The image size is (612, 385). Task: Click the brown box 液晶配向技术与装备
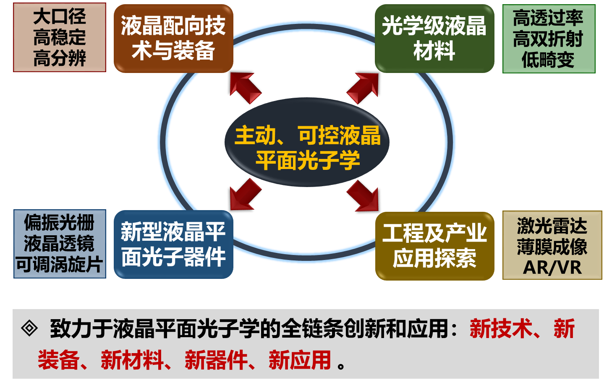tap(173, 39)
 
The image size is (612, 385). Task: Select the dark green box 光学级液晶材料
tap(434, 39)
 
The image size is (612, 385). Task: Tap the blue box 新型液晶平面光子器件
tap(173, 245)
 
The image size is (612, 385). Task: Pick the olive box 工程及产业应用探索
tap(435, 246)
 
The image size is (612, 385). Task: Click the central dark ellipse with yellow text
tap(307, 142)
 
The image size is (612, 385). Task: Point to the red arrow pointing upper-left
tap(246, 88)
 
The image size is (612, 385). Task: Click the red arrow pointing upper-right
tap(363, 88)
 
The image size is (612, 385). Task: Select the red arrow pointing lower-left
tap(246, 195)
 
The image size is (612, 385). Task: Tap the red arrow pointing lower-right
tap(363, 195)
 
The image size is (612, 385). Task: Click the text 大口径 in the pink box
tap(60, 17)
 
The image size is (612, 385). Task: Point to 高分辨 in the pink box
tap(60, 58)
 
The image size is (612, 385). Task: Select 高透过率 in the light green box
tap(548, 18)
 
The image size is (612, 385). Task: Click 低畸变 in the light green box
tap(548, 60)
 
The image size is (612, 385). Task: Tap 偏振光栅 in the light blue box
tap(59, 223)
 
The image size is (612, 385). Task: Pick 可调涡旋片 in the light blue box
tap(59, 264)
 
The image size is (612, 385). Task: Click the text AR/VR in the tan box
tap(552, 268)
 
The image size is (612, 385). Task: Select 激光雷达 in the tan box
tap(552, 226)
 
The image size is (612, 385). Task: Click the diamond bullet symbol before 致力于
tap(29, 328)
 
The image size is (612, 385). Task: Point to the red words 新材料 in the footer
tap(132, 360)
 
